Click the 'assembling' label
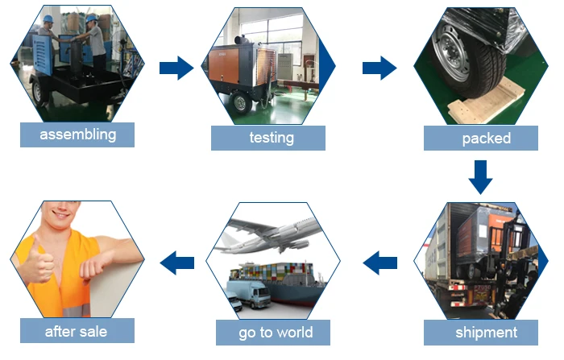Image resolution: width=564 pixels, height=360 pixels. pyautogui.click(x=77, y=134)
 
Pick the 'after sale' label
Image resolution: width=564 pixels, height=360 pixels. pyautogui.click(x=76, y=330)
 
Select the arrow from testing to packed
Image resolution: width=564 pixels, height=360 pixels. pyautogui.click(x=379, y=68)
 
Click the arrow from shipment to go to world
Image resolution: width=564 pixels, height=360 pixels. pyautogui.click(x=379, y=262)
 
